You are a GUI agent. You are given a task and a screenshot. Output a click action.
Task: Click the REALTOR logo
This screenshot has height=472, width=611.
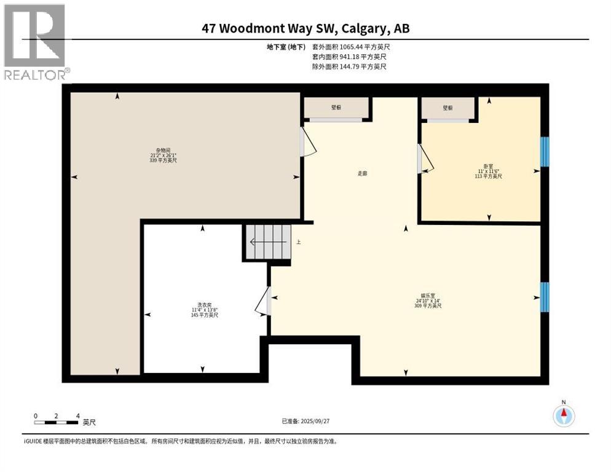tap(34, 42)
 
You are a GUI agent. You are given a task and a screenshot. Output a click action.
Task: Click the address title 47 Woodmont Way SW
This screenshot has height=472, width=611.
tap(305, 28)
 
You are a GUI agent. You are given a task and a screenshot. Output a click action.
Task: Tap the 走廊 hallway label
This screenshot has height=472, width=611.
tap(363, 173)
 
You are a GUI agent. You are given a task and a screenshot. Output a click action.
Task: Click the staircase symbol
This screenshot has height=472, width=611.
tap(267, 242)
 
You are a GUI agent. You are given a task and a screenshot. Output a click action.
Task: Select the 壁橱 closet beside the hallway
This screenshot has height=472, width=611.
tap(336, 108)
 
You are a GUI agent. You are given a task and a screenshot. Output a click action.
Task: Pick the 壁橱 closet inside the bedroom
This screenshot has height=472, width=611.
tap(447, 108)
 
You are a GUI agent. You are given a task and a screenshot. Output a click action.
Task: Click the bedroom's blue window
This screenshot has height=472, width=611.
tap(544, 151)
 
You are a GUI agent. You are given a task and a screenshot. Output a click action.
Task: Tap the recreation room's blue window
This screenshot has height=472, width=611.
tap(544, 297)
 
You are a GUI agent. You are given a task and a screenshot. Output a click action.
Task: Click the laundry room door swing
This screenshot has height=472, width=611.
tap(262, 301)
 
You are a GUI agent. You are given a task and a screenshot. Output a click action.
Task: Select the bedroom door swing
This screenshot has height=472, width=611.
tap(425, 159)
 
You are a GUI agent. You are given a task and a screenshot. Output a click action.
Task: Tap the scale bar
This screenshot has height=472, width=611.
tap(57, 422)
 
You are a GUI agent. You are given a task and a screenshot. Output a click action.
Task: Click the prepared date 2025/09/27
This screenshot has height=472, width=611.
tap(305, 421)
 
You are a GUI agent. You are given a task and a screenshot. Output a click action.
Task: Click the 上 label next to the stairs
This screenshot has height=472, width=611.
tap(299, 242)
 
